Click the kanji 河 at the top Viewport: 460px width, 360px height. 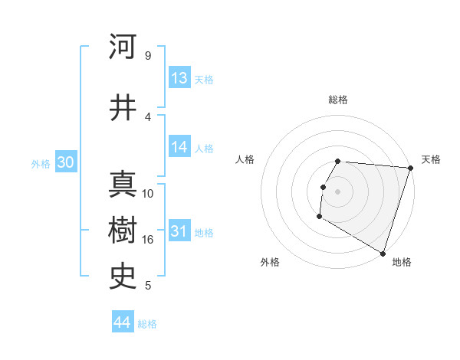(x=123, y=47)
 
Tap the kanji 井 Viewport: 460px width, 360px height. (x=123, y=107)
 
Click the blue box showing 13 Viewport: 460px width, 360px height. (x=179, y=78)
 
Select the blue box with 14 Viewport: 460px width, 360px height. (x=179, y=148)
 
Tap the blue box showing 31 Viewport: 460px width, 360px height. (x=179, y=232)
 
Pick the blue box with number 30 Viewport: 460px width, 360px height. (x=65, y=162)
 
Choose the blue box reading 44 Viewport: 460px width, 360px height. (x=123, y=322)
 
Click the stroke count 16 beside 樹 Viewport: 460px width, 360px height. (x=148, y=240)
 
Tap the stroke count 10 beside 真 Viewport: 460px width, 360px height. (x=148, y=194)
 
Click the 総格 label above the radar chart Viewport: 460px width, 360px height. (x=338, y=100)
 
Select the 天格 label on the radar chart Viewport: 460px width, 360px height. (x=431, y=159)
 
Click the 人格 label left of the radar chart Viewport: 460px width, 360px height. (x=245, y=159)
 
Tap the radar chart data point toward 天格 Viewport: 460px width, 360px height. (x=410, y=168)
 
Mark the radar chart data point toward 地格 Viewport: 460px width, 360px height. (x=383, y=253)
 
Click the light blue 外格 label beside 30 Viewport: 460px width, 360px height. (x=41, y=163)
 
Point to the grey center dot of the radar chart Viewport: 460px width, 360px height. (x=337, y=191)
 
